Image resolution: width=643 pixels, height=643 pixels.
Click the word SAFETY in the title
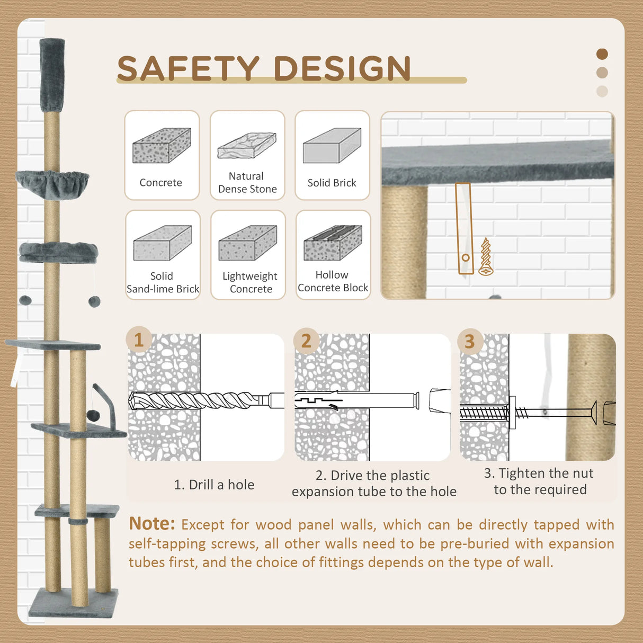[x=188, y=68]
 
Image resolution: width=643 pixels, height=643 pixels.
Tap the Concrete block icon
[x=162, y=145]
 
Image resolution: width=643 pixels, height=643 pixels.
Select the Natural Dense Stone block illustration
[x=247, y=146]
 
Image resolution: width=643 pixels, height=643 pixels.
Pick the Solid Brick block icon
[x=332, y=145]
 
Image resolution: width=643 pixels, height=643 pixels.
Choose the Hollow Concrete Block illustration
[x=333, y=243]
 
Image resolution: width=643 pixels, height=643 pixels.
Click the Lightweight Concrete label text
[x=250, y=282]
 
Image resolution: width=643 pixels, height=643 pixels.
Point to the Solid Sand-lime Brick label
[x=163, y=282]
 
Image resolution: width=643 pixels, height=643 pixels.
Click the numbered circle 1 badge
[x=139, y=340]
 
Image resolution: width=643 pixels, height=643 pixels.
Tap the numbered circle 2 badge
[x=306, y=341]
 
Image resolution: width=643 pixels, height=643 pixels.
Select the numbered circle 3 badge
[x=470, y=341]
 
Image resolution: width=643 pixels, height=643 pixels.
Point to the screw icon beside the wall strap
[x=486, y=256]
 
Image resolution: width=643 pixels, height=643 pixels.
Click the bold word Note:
[x=152, y=523]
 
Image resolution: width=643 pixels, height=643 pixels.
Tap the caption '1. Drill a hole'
[x=214, y=485]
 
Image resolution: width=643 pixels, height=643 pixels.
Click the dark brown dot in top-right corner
[x=602, y=54]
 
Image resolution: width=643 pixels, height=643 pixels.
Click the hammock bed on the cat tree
[x=52, y=184]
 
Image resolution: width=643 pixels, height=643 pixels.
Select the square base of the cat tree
[x=74, y=603]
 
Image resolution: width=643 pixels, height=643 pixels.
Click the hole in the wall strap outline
[x=466, y=257]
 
